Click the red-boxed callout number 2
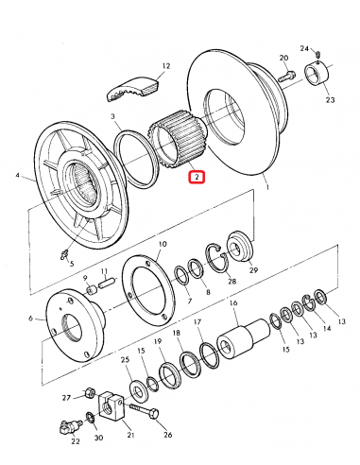tap(196, 176)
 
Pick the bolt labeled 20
tap(287, 74)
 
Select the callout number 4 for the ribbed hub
tap(17, 176)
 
